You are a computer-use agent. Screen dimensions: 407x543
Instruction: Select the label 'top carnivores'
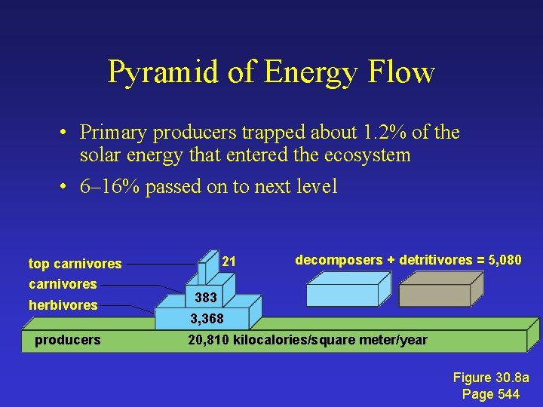(x=75, y=264)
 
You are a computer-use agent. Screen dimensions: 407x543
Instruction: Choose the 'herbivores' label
(x=63, y=305)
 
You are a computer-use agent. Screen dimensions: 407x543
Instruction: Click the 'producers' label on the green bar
(x=67, y=340)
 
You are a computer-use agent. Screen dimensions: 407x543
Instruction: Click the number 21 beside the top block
(x=229, y=262)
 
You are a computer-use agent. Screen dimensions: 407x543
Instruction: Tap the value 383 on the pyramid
(x=206, y=298)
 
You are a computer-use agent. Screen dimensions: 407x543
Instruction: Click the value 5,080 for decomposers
(x=505, y=260)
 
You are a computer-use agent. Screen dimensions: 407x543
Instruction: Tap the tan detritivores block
(x=439, y=291)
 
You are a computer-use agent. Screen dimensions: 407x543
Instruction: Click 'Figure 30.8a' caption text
(x=491, y=378)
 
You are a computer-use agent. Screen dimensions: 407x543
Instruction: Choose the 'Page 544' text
(x=491, y=394)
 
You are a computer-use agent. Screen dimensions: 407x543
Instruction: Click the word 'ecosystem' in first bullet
(x=363, y=155)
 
